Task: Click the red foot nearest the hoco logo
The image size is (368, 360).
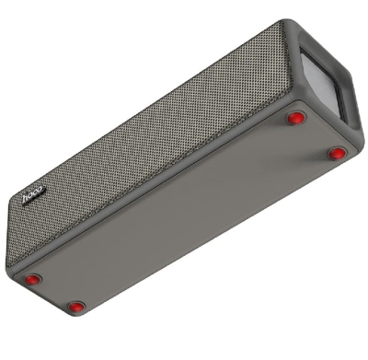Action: click(33, 279)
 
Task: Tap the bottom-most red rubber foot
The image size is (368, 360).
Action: click(76, 306)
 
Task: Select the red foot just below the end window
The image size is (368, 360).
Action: click(295, 118)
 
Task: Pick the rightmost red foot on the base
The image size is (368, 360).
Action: click(337, 153)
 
